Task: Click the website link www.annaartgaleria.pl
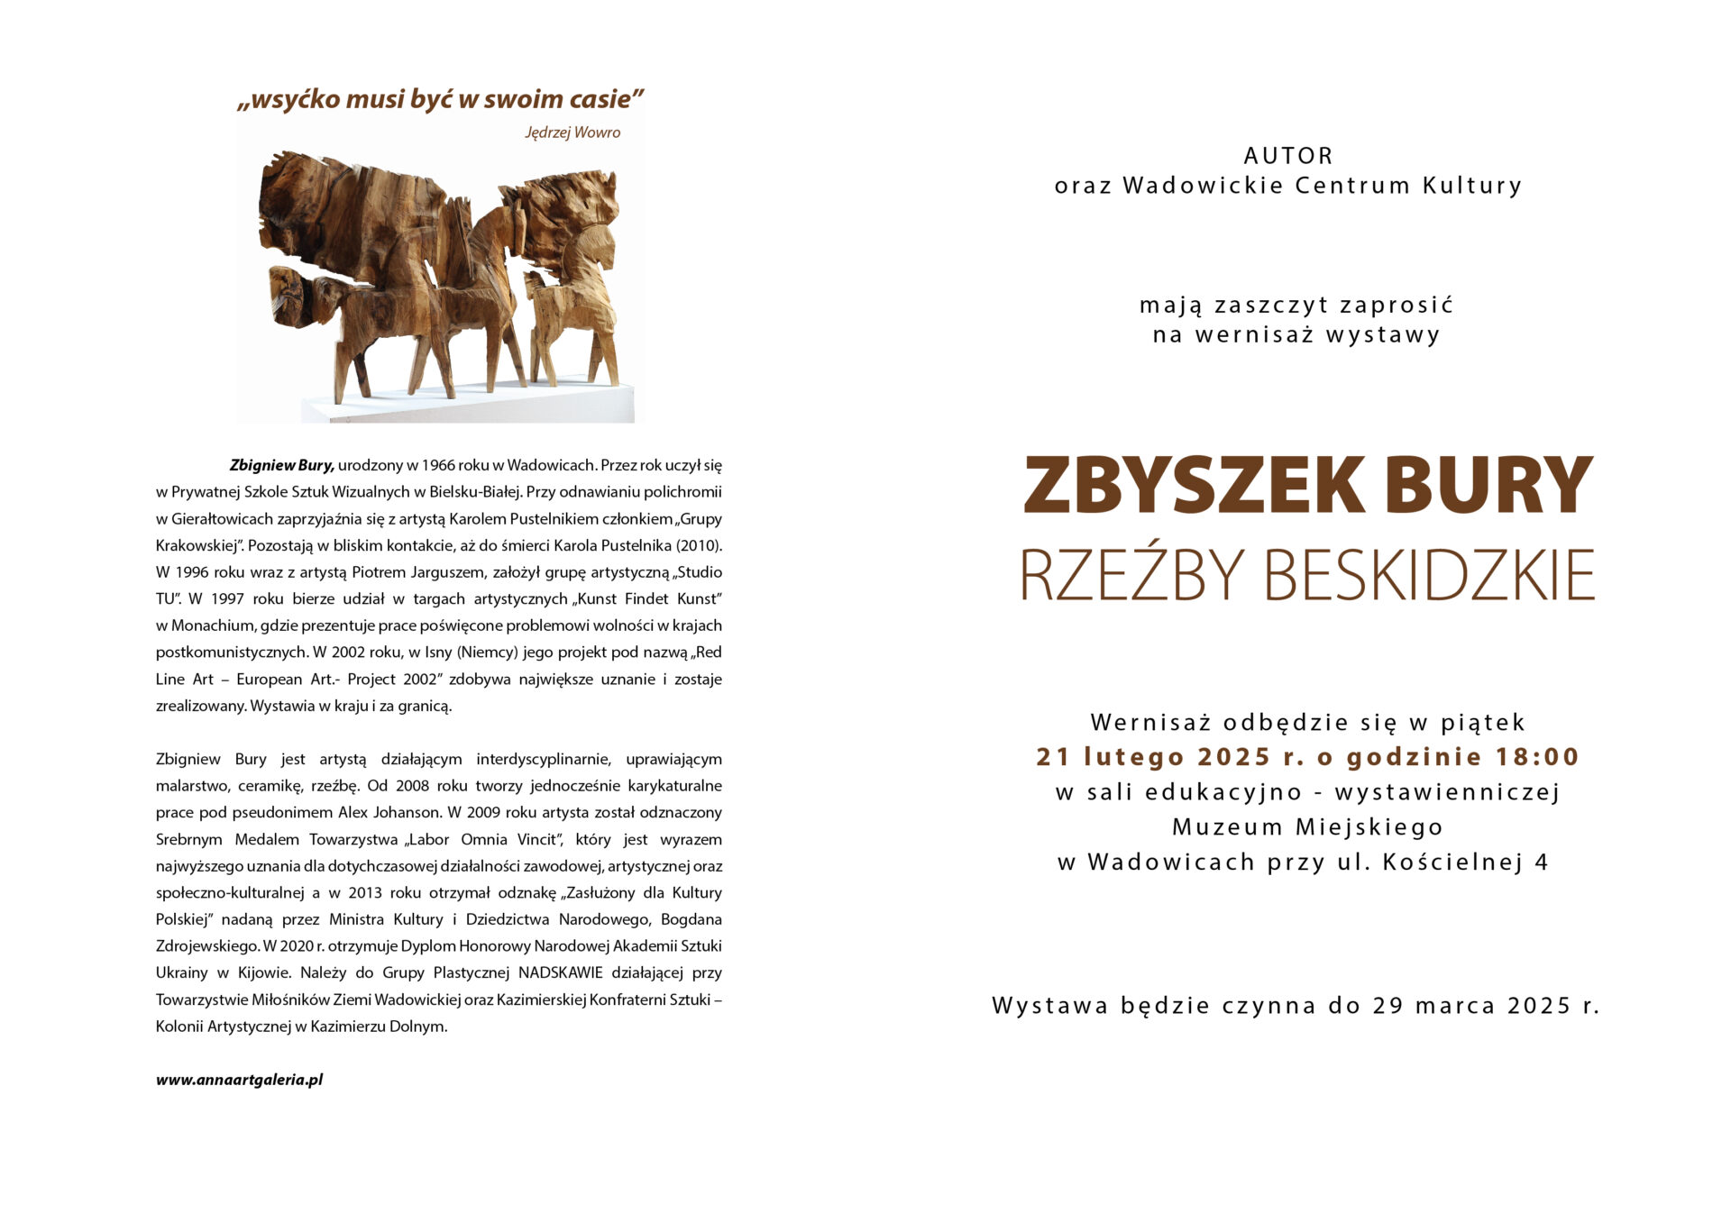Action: [239, 1079]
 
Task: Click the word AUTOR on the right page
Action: [1288, 156]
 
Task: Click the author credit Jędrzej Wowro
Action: [572, 132]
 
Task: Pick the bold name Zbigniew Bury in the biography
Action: [281, 465]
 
